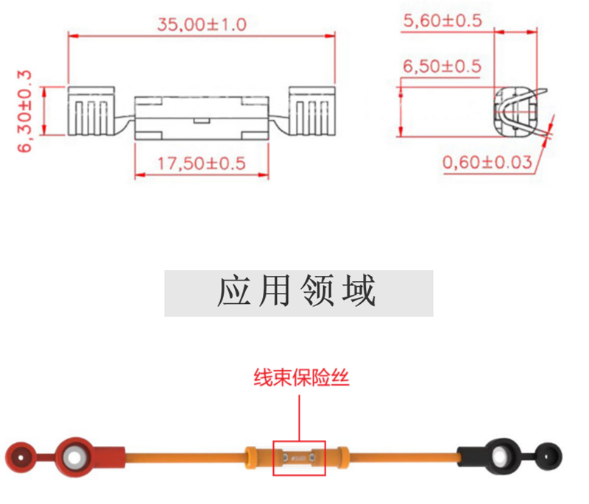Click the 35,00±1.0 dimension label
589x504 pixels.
pos(202,25)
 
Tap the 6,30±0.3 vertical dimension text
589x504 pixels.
pos(24,111)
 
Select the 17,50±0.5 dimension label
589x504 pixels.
pos(201,163)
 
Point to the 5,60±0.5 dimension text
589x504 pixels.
pos(442,21)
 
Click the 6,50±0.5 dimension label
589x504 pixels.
pos(442,66)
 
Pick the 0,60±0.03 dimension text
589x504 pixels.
pos(487,162)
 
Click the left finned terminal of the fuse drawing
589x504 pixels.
pos(91,111)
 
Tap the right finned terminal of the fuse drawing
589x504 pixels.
pos(311,111)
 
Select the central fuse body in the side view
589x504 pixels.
pos(202,118)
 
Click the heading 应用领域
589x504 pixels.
pos(297,291)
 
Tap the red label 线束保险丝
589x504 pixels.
pos(301,377)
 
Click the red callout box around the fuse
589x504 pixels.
pos(299,441)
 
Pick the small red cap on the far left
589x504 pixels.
pos(21,458)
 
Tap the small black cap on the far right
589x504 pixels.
pos(548,457)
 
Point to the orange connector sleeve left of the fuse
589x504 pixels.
pos(252,458)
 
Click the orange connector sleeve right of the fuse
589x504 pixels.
pos(342,458)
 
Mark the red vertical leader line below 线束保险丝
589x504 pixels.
pos(300,418)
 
